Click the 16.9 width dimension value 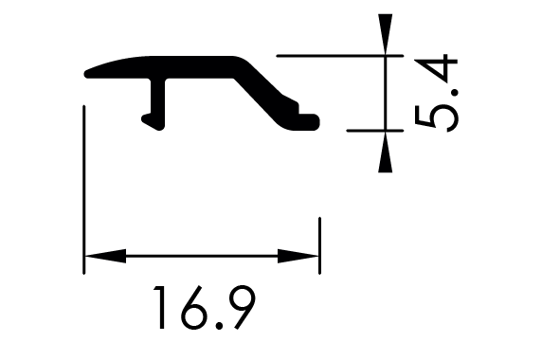pyautogui.click(x=205, y=307)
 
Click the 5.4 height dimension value pyautogui.click(x=437, y=93)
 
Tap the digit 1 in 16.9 pyautogui.click(x=159, y=307)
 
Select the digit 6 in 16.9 pyautogui.click(x=193, y=307)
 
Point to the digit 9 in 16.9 pyautogui.click(x=243, y=307)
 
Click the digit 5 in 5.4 pyautogui.click(x=437, y=118)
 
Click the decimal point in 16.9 pyautogui.click(x=219, y=325)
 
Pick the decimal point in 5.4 pyautogui.click(x=454, y=93)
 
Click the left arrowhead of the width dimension pyautogui.click(x=105, y=256)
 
